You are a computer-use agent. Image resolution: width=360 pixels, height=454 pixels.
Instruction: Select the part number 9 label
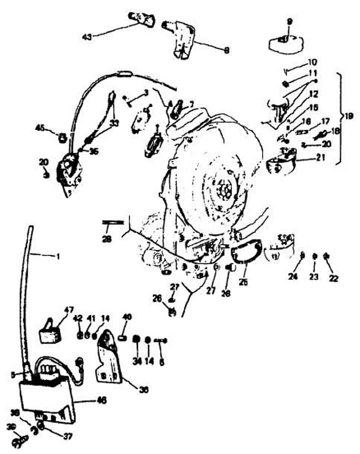[x=288, y=21]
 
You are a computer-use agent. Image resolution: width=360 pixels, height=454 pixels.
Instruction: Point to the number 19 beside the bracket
[x=348, y=116]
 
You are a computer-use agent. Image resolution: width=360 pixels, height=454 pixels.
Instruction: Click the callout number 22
[x=333, y=278]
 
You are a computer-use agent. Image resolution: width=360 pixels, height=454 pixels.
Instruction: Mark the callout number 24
[x=293, y=276]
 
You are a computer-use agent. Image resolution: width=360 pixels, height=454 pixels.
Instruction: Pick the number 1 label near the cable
[x=57, y=257]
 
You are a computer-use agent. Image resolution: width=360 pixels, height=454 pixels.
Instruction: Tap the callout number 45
[x=40, y=128]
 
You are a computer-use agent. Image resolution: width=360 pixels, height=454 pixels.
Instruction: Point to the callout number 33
[x=114, y=122]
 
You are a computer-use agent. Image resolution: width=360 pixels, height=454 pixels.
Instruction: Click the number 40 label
[x=127, y=316]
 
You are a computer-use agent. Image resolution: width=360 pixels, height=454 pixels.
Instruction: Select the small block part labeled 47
[x=50, y=332]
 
